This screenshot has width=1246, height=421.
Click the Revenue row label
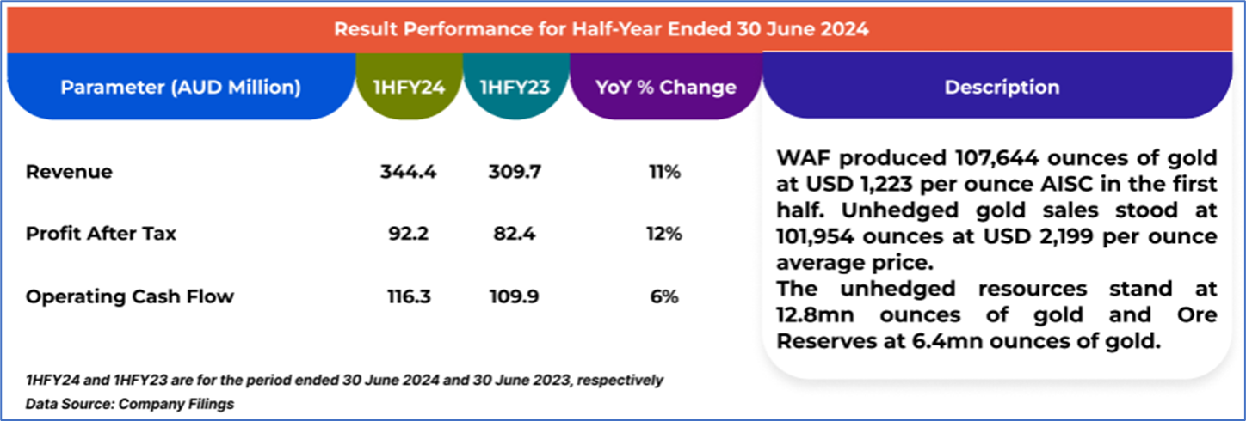pyautogui.click(x=69, y=172)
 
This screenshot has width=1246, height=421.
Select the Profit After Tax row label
pyautogui.click(x=101, y=234)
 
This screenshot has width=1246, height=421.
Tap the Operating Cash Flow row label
pyautogui.click(x=129, y=297)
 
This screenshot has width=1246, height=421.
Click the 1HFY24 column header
pyautogui.click(x=409, y=88)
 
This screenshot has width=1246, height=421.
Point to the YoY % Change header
pyautogui.click(x=665, y=88)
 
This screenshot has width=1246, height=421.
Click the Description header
pyautogui.click(x=1002, y=88)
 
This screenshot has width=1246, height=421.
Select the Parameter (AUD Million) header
pyautogui.click(x=180, y=88)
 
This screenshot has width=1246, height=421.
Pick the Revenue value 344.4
pyautogui.click(x=409, y=172)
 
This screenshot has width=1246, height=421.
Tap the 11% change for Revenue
pyautogui.click(x=664, y=172)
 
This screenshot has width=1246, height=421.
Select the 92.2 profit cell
pyautogui.click(x=409, y=234)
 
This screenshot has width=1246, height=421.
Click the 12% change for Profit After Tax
pyautogui.click(x=664, y=234)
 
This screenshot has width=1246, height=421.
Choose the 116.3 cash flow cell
pyautogui.click(x=409, y=297)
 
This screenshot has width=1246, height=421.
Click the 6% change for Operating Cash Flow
pyautogui.click(x=664, y=297)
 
